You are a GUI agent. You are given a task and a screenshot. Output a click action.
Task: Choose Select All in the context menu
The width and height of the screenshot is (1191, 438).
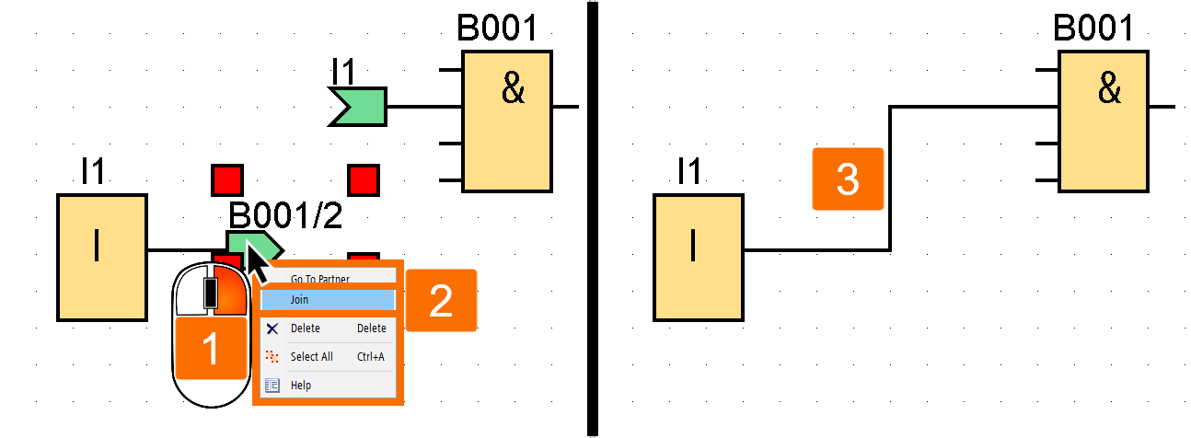(x=311, y=357)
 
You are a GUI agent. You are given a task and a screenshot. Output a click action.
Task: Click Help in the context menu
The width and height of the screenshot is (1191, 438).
(x=301, y=386)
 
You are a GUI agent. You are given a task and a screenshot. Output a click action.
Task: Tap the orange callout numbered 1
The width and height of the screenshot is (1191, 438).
(x=211, y=351)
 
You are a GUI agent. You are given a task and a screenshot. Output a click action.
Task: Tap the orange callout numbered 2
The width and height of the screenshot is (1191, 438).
(x=441, y=300)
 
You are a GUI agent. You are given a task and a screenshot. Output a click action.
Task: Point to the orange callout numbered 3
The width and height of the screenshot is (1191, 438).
(x=848, y=179)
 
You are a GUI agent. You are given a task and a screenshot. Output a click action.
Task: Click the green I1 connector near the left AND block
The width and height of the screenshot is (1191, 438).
(x=358, y=107)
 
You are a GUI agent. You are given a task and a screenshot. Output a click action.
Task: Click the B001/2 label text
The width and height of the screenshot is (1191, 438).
(x=285, y=215)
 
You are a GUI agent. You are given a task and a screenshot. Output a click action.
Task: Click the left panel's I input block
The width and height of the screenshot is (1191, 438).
(x=101, y=258)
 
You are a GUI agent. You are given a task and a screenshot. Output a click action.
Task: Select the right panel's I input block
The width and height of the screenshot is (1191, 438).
(x=698, y=258)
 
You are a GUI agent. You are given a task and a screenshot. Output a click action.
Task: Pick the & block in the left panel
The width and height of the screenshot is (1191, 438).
(x=506, y=120)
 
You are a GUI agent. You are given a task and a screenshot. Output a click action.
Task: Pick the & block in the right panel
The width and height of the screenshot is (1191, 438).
(x=1103, y=120)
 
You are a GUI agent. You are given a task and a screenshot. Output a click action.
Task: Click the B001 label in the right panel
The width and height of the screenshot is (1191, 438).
(x=1093, y=29)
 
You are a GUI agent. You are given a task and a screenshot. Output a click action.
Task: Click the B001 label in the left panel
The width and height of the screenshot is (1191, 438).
(x=497, y=29)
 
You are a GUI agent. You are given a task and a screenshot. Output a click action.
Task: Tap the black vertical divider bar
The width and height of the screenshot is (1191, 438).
(x=592, y=219)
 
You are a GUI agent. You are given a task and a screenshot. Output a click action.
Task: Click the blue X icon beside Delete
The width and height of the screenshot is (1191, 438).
(x=272, y=328)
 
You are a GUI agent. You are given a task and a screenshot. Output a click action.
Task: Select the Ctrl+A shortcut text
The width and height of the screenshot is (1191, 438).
(x=371, y=357)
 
